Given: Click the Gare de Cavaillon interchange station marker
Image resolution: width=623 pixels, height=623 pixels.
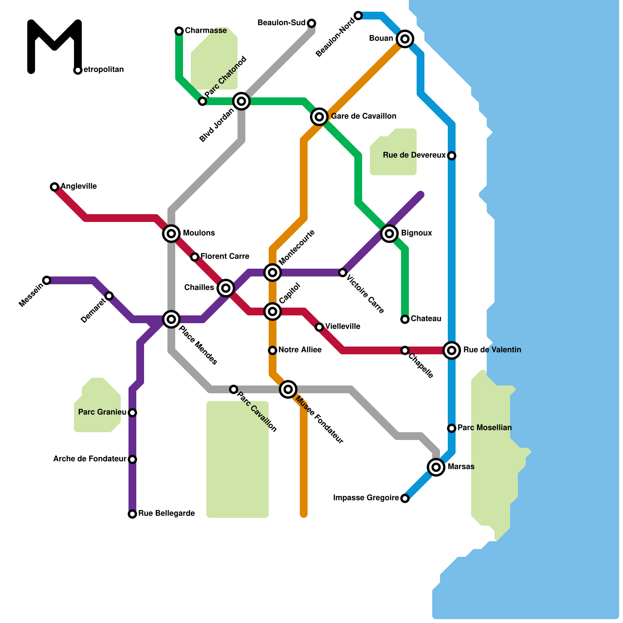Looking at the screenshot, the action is click(x=319, y=116).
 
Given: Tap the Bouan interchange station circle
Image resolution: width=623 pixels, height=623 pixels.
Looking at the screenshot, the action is click(x=405, y=39).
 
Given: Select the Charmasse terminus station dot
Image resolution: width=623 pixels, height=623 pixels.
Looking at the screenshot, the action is click(x=179, y=31).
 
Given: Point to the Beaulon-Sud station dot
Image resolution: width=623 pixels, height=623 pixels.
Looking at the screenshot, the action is click(x=311, y=23).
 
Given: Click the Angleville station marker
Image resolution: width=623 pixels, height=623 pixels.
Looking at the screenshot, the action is click(x=55, y=187).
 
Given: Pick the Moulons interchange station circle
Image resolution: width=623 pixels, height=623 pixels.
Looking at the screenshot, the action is click(x=171, y=233).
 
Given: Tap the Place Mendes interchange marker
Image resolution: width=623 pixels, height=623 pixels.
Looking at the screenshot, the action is click(x=171, y=319).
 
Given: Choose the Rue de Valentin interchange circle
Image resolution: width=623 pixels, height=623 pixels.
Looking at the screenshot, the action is click(x=452, y=350).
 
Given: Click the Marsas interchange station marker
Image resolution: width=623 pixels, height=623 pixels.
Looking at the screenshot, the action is click(x=436, y=467).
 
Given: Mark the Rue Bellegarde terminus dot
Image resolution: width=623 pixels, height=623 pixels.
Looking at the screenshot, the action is click(x=132, y=514).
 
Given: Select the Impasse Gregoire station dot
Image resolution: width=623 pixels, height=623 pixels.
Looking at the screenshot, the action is click(x=405, y=498).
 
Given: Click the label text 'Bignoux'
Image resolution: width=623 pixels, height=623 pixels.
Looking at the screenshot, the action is click(x=416, y=233).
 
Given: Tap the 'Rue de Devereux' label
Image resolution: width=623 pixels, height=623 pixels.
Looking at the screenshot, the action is click(x=414, y=155).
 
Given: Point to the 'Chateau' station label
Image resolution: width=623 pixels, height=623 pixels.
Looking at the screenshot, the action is click(x=426, y=319).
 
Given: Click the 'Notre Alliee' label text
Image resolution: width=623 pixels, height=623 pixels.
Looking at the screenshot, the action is click(x=300, y=350).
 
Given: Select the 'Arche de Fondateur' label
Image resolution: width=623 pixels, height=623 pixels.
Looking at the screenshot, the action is click(x=90, y=459).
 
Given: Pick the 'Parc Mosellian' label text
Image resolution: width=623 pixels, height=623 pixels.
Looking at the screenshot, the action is click(x=484, y=428).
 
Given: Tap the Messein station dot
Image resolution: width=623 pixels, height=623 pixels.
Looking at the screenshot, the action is click(x=47, y=280).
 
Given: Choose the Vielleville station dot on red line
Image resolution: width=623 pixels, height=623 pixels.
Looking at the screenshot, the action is click(x=319, y=327).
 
